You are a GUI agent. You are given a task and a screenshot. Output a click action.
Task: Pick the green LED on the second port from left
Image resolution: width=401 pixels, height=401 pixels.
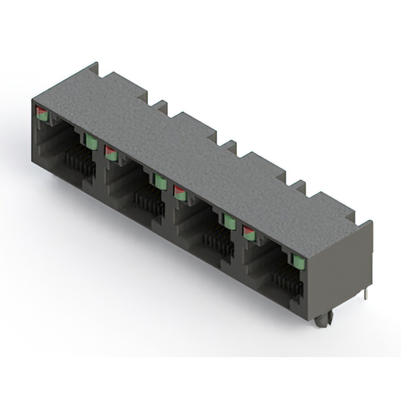(x=160, y=182)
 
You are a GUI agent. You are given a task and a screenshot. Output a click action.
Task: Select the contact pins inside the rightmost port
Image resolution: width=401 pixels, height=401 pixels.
(x=289, y=283)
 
